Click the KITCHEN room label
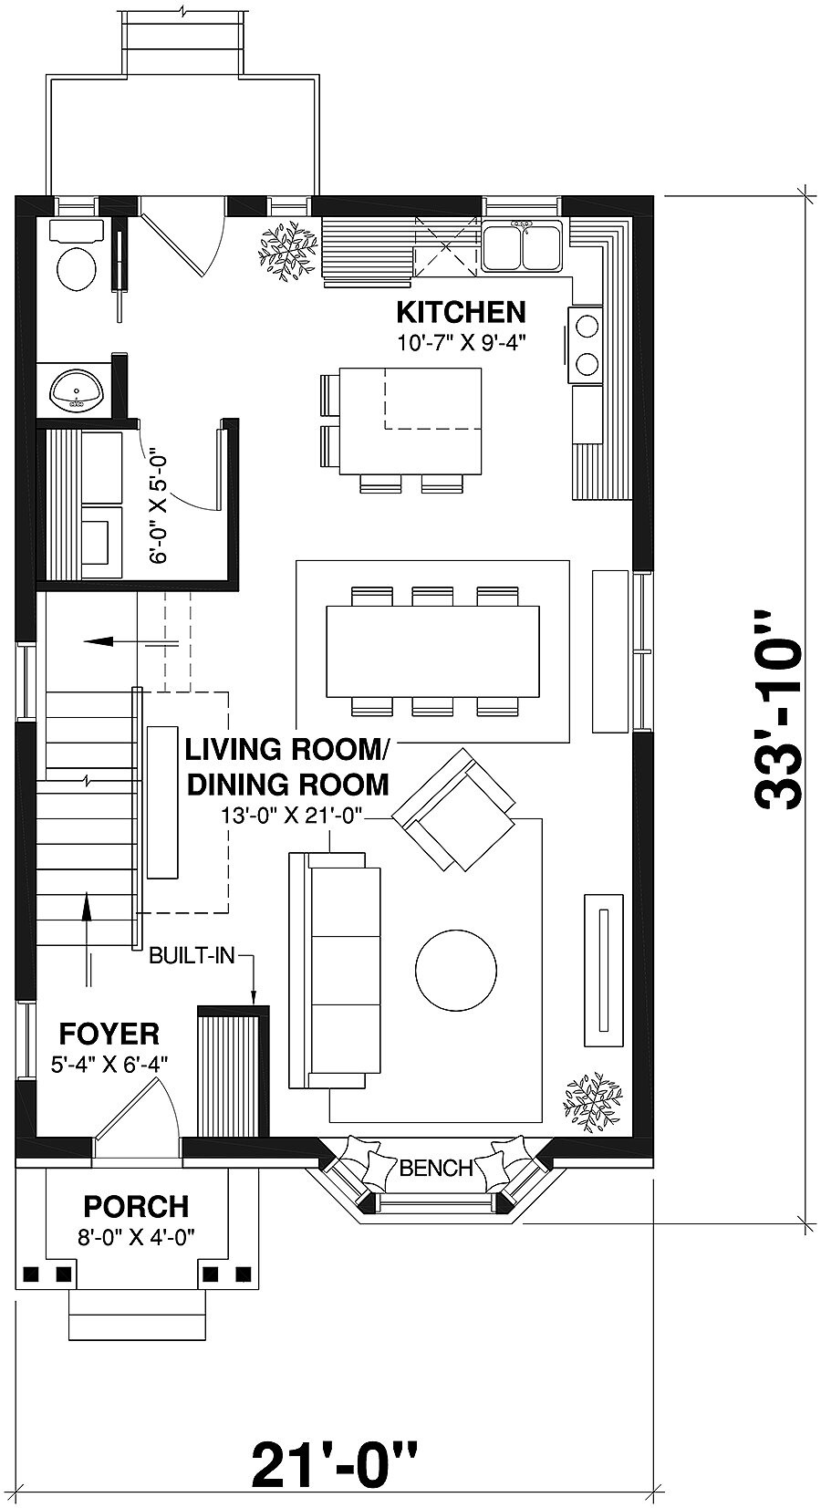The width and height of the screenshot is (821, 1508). click(461, 312)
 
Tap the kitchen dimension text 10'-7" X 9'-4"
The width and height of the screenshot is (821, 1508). click(462, 343)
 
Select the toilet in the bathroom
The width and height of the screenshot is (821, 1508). click(77, 266)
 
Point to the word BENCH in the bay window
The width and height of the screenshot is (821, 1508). click(436, 1168)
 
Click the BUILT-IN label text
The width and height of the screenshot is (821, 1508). click(192, 955)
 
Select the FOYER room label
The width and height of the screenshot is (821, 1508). click(109, 1034)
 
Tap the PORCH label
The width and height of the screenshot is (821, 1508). click(136, 1206)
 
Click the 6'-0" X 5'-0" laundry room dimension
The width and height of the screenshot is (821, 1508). click(160, 504)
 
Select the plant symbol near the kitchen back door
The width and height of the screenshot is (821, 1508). click(287, 247)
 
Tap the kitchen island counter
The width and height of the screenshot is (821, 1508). click(411, 420)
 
